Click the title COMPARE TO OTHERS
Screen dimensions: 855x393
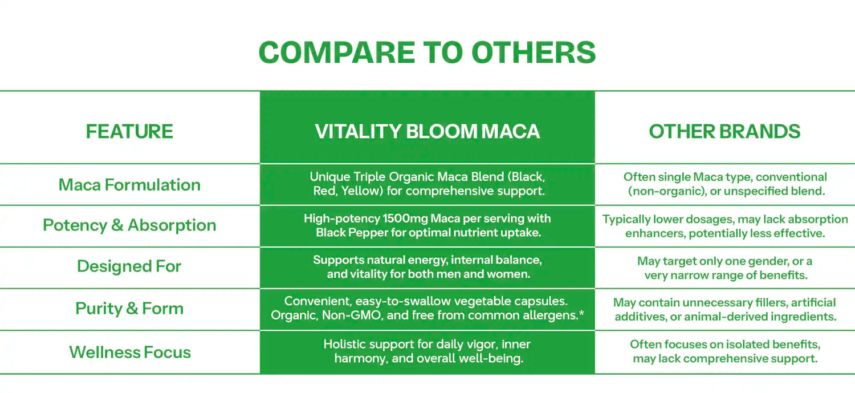pyautogui.click(x=427, y=52)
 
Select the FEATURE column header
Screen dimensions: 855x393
pyautogui.click(x=129, y=131)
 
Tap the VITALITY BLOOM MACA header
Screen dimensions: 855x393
pyautogui.click(x=427, y=131)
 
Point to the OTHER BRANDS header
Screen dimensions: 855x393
pyautogui.click(x=724, y=131)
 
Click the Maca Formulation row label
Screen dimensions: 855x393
pyautogui.click(x=129, y=185)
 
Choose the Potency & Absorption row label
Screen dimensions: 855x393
pyautogui.click(x=129, y=225)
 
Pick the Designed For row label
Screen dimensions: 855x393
pyautogui.click(x=129, y=266)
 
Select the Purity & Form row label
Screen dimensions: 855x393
pyautogui.click(x=129, y=308)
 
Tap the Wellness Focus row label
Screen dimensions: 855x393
pyautogui.click(x=130, y=352)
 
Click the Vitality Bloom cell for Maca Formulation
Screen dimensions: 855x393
pyautogui.click(x=427, y=184)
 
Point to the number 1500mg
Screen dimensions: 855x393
pyautogui.click(x=405, y=218)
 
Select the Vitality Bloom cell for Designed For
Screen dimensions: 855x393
pyautogui.click(x=427, y=267)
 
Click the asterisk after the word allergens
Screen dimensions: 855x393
pyautogui.click(x=581, y=313)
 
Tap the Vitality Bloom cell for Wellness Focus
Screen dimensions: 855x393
pyautogui.click(x=427, y=351)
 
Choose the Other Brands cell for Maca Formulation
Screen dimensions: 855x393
pyautogui.click(x=725, y=184)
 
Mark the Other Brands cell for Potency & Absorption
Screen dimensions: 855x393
pyautogui.click(x=725, y=226)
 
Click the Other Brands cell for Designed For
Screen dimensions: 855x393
pyautogui.click(x=725, y=268)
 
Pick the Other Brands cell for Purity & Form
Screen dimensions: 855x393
pyautogui.click(x=725, y=309)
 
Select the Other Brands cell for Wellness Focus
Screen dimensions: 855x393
pyautogui.click(x=725, y=351)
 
